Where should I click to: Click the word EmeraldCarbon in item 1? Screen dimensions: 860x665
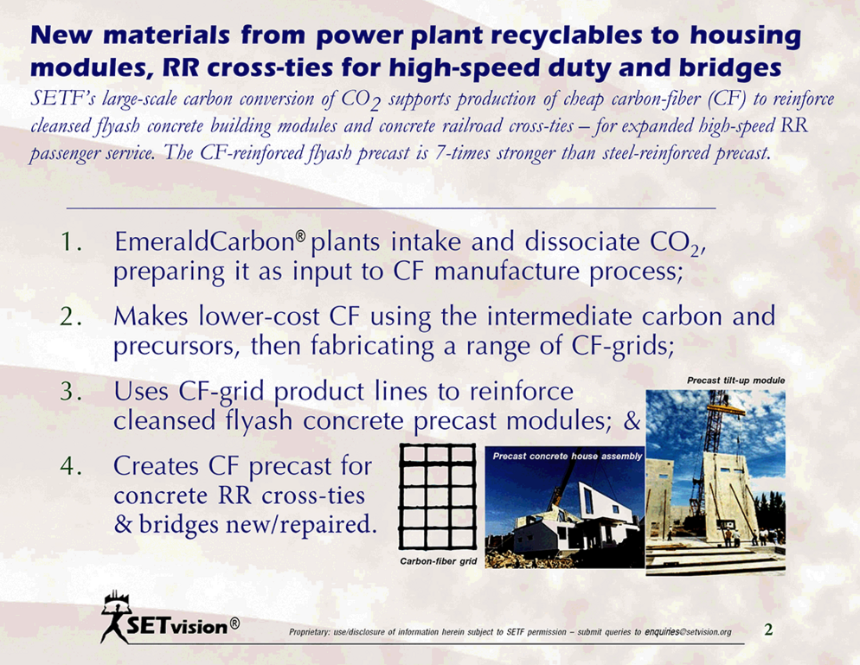pos(204,242)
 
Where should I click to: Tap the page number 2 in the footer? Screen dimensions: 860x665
pos(768,630)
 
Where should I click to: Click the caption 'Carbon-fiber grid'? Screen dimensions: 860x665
pos(439,561)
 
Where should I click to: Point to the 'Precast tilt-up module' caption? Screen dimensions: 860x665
pos(735,380)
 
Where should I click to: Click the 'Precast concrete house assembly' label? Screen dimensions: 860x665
pos(567,456)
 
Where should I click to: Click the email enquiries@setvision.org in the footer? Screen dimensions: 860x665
pos(688,632)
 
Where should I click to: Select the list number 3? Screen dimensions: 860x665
pos(70,392)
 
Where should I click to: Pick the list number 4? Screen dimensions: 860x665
pos(71,466)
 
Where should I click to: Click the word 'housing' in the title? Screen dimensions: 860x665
pos(746,35)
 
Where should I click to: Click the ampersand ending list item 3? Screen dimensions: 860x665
pos(632,420)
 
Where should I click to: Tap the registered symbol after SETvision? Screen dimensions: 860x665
pos(234,623)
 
